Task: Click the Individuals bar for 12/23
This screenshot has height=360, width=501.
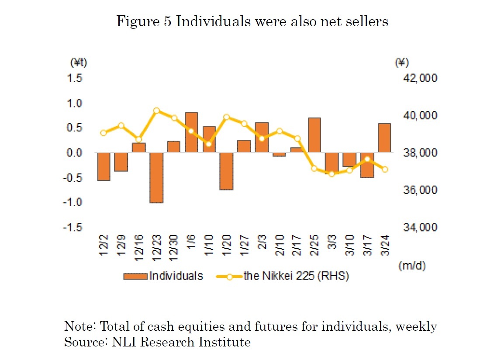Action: point(156,178)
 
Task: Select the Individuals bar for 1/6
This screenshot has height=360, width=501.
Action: point(191,132)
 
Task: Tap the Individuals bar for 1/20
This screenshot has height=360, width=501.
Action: point(226,171)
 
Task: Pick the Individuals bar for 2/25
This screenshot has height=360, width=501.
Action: point(314,135)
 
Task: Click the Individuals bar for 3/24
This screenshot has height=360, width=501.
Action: point(384,138)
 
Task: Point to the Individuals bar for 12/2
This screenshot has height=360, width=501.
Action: point(104,166)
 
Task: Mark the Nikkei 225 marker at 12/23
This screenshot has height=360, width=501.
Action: point(156,111)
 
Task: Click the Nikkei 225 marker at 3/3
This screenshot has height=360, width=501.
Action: point(332,174)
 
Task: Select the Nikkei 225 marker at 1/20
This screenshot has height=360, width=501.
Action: point(226,117)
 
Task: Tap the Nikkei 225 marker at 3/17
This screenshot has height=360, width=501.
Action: point(367,159)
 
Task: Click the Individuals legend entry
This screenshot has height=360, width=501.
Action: point(163,276)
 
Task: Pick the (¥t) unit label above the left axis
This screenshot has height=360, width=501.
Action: point(79,63)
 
